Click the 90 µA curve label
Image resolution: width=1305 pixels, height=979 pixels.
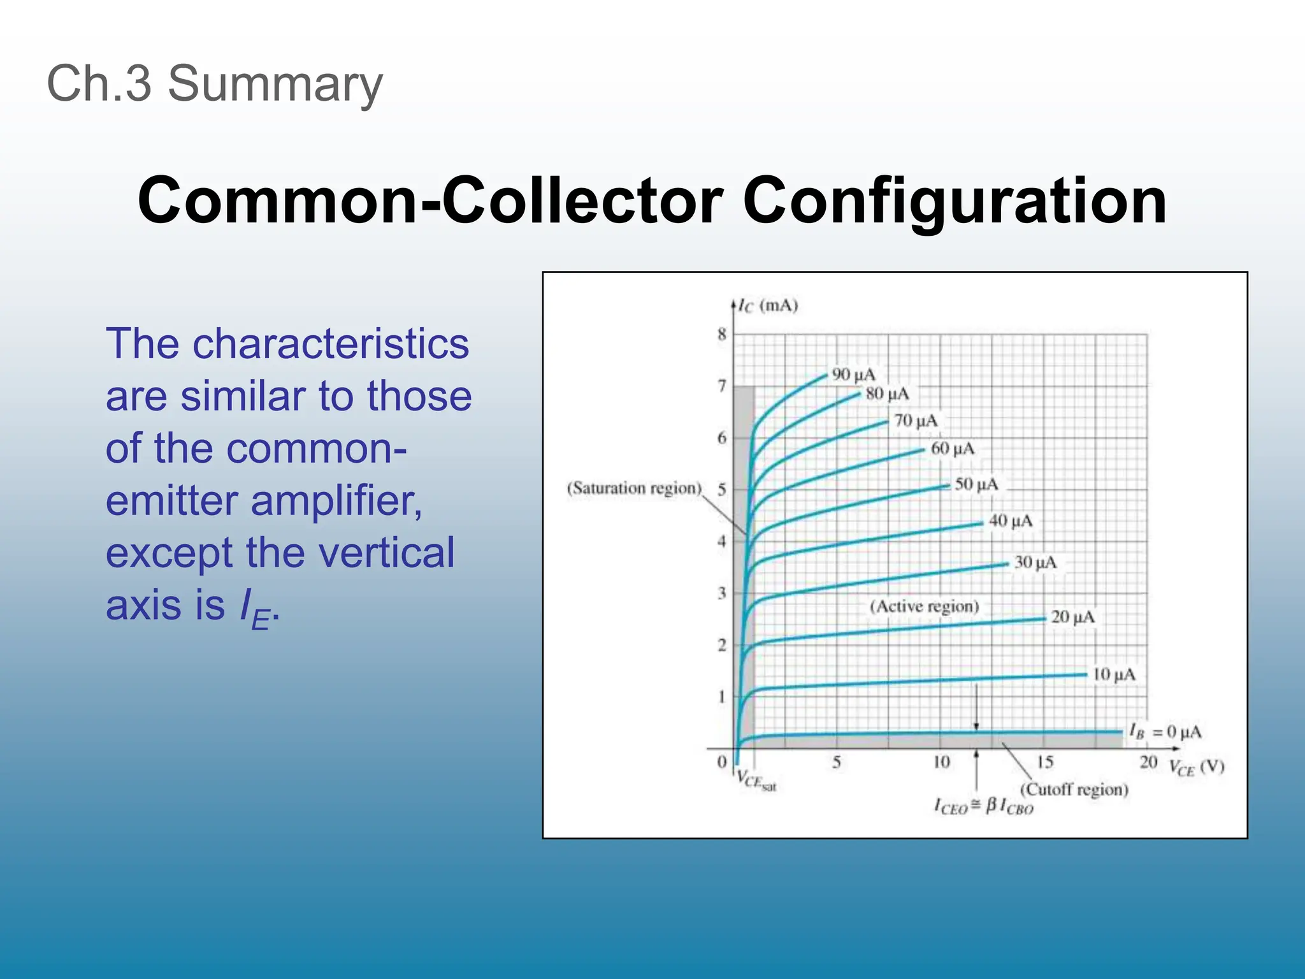coord(853,374)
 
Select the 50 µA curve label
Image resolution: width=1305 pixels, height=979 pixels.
coord(976,484)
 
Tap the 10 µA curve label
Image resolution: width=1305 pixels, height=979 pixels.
coord(1114,674)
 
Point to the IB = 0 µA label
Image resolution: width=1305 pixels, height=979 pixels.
coord(1165,731)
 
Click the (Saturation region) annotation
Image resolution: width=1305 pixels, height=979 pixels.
coord(634,488)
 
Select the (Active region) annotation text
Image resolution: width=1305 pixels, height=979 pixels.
coord(924,606)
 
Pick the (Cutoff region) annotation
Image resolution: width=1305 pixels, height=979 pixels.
coord(1074,790)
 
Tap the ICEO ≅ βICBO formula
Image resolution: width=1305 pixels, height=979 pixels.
coord(983,807)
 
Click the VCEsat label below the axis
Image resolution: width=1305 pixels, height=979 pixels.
coord(756,780)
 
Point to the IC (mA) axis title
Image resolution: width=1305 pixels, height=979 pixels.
coord(768,306)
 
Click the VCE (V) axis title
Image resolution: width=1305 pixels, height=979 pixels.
coord(1197,767)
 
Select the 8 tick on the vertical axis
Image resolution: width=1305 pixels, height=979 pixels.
coord(721,334)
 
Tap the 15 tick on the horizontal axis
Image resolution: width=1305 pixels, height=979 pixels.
coord(1045,762)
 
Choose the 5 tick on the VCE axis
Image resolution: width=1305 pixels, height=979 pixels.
coord(837,762)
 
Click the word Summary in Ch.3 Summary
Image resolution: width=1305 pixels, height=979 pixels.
coord(275,84)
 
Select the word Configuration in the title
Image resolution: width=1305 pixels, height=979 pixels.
coord(954,201)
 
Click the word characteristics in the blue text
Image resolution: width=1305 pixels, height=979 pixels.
coord(331,344)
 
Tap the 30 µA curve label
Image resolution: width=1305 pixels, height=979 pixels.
coord(1035,562)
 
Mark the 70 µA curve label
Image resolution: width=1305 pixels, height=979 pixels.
coord(916,421)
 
